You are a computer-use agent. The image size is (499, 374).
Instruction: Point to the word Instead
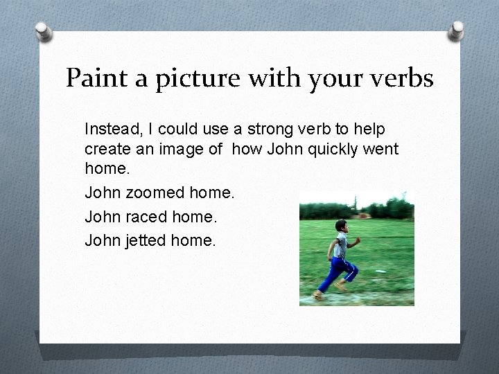click(111, 129)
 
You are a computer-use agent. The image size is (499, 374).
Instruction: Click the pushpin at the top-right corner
click(457, 29)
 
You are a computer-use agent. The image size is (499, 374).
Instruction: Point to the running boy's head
click(340, 226)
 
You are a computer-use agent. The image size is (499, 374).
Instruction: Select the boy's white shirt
click(342, 243)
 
